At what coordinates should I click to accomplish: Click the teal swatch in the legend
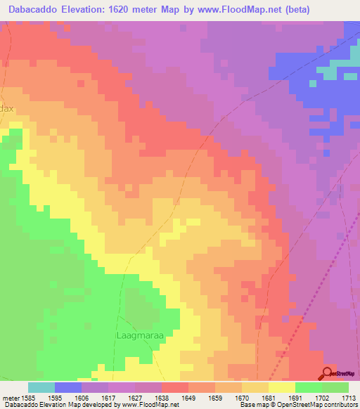[x=41, y=387]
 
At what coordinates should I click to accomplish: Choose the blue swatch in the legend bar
[x=68, y=387]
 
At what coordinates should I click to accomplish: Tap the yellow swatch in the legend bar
[x=281, y=387]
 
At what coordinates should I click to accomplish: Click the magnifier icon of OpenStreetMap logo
[x=328, y=372]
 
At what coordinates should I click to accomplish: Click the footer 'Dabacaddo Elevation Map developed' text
[x=63, y=405]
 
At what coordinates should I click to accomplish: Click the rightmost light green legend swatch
[x=335, y=387]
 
